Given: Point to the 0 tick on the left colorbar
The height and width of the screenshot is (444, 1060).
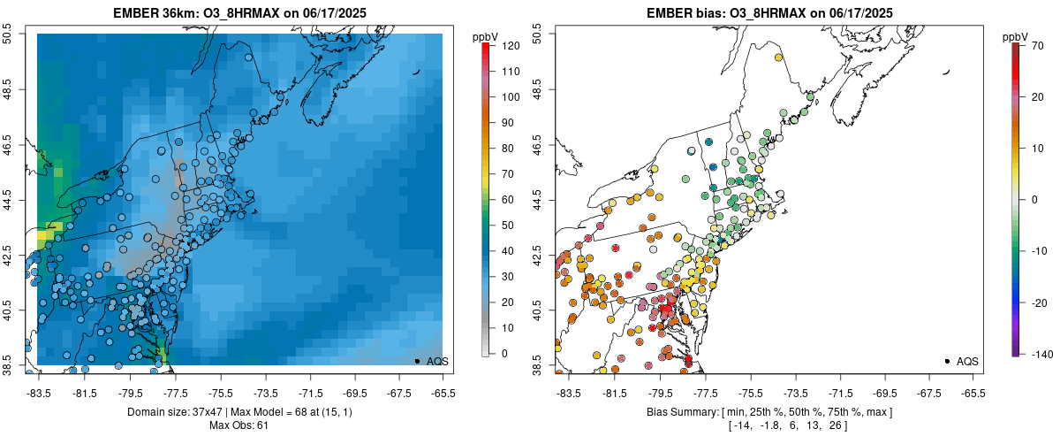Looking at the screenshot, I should [502, 354].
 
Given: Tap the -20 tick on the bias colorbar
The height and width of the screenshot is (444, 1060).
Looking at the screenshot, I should [1037, 302].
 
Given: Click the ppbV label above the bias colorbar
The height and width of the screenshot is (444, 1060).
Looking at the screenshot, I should [1016, 36].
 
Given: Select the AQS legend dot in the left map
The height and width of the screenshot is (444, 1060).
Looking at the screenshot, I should [417, 361].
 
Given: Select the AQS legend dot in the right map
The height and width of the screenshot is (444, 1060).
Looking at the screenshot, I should [947, 361].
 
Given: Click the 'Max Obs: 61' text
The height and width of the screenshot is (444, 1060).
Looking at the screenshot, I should [240, 425].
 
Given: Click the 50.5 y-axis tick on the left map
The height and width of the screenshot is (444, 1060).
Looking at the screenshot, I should [9, 34].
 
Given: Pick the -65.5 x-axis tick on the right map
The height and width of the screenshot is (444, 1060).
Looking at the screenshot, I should [973, 393].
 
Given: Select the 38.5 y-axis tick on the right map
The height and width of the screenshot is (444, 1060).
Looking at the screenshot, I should [539, 365].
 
